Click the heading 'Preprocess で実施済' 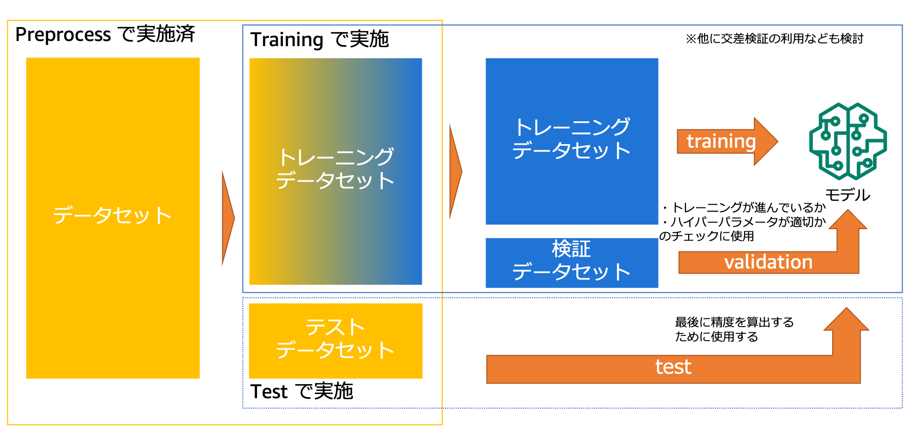[105, 34]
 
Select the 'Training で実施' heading [319, 39]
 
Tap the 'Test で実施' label [302, 391]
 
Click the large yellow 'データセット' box [113, 218]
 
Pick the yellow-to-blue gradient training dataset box [336, 171]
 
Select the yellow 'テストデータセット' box [336, 341]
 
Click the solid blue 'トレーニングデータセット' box [572, 141]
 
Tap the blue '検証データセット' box [572, 262]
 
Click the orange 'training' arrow [727, 142]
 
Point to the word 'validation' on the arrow [768, 262]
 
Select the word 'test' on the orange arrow [673, 367]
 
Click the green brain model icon [848, 141]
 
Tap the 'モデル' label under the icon [848, 195]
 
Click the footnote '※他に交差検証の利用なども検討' [774, 38]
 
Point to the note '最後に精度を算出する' [734, 322]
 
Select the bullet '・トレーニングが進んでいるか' [742, 207]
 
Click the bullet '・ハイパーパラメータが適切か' [742, 222]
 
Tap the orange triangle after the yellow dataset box [228, 218]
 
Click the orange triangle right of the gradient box [455, 171]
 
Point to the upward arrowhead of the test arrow [847, 319]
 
